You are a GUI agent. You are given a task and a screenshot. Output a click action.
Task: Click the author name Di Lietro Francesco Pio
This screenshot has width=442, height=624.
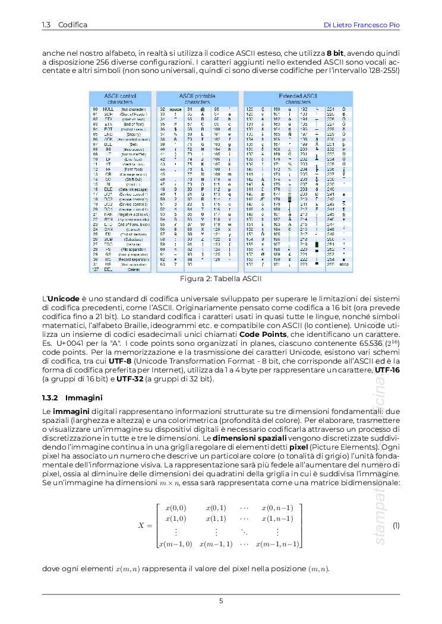[x=361, y=25]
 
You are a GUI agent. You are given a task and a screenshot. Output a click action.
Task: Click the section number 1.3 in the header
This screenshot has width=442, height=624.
[x=46, y=25]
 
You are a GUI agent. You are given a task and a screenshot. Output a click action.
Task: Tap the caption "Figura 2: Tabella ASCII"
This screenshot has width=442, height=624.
[x=221, y=278]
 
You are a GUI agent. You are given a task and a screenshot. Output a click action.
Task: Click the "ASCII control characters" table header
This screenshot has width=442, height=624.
[x=120, y=98]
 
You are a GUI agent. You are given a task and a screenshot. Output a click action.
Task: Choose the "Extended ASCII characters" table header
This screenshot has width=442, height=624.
[x=298, y=98]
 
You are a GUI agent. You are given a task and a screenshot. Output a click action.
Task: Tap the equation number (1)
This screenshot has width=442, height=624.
[x=396, y=526]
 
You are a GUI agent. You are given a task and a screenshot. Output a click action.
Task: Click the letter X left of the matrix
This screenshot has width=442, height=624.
[x=141, y=526]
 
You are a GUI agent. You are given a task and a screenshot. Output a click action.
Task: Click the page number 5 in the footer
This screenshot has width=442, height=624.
[x=221, y=601]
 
